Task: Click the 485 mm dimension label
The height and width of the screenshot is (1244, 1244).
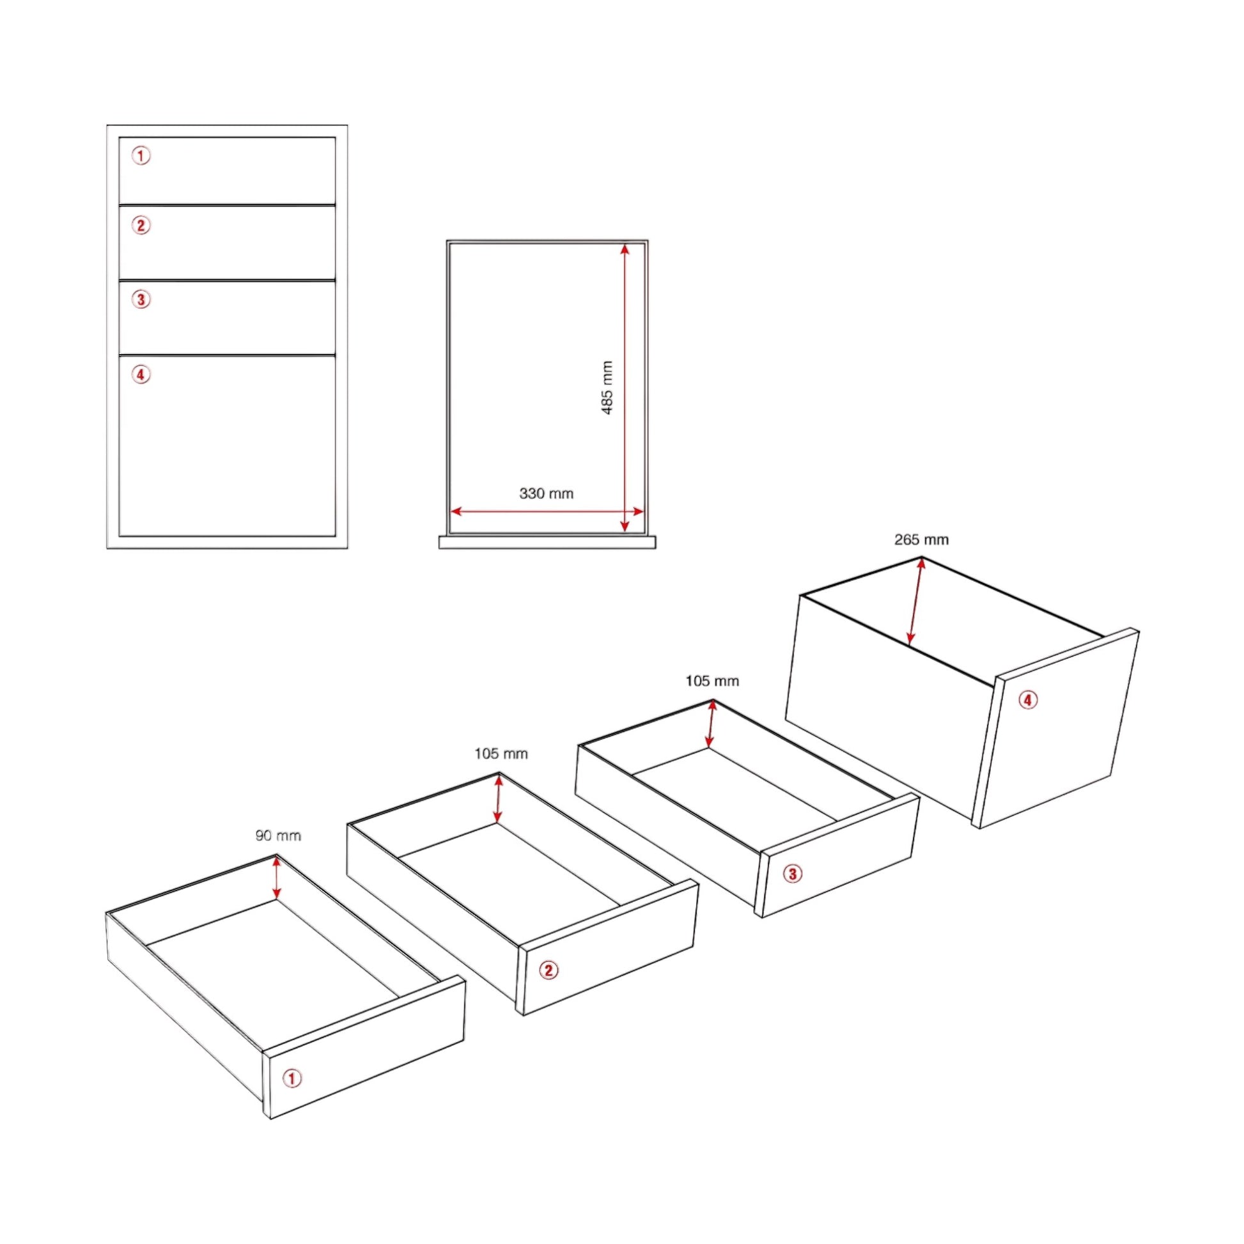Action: coord(607,387)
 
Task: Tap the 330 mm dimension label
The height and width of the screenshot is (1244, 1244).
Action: coord(546,494)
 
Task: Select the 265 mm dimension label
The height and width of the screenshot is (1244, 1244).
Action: coord(921,540)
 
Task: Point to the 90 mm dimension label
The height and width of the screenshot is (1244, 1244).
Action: coord(278,836)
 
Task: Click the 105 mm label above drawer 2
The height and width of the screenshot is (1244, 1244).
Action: coord(501,753)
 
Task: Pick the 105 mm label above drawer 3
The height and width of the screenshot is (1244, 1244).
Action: coord(712,681)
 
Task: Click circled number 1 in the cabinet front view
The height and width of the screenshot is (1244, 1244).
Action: coord(141,156)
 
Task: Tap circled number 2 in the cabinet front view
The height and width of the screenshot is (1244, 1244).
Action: coord(141,226)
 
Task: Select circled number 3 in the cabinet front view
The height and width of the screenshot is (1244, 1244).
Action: coord(141,299)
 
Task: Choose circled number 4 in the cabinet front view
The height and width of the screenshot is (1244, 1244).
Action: coord(141,374)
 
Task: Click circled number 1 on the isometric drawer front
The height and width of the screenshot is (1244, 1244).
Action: coord(292,1078)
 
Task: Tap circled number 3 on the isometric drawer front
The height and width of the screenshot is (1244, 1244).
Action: coord(793,874)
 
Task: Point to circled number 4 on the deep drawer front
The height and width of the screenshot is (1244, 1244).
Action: coord(1029,700)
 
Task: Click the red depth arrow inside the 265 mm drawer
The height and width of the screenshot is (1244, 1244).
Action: coord(915,601)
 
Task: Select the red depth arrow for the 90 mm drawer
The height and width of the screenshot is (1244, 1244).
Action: coord(277,877)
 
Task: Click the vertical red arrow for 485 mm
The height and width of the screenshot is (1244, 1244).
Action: coord(625,387)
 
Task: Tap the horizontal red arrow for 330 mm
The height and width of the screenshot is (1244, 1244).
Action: coord(547,512)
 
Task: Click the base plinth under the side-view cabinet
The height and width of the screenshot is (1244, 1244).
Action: coord(547,542)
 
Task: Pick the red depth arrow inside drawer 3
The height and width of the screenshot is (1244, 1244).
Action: coord(711,724)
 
